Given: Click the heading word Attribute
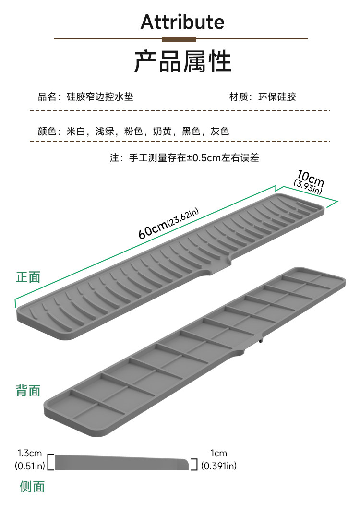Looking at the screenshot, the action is (x=182, y=22).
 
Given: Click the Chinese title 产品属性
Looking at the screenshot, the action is (x=182, y=61).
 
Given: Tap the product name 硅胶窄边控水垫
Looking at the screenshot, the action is (x=100, y=97).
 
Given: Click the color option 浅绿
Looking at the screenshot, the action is (x=105, y=131).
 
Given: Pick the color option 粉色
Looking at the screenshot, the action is (x=133, y=131).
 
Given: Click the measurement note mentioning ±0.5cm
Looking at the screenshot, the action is (x=184, y=158).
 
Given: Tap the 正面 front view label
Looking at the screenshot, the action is (x=28, y=277).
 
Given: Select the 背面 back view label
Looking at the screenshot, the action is (x=28, y=390).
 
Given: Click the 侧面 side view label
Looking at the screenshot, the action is (x=32, y=487).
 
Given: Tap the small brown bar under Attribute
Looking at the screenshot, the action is (x=180, y=39).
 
